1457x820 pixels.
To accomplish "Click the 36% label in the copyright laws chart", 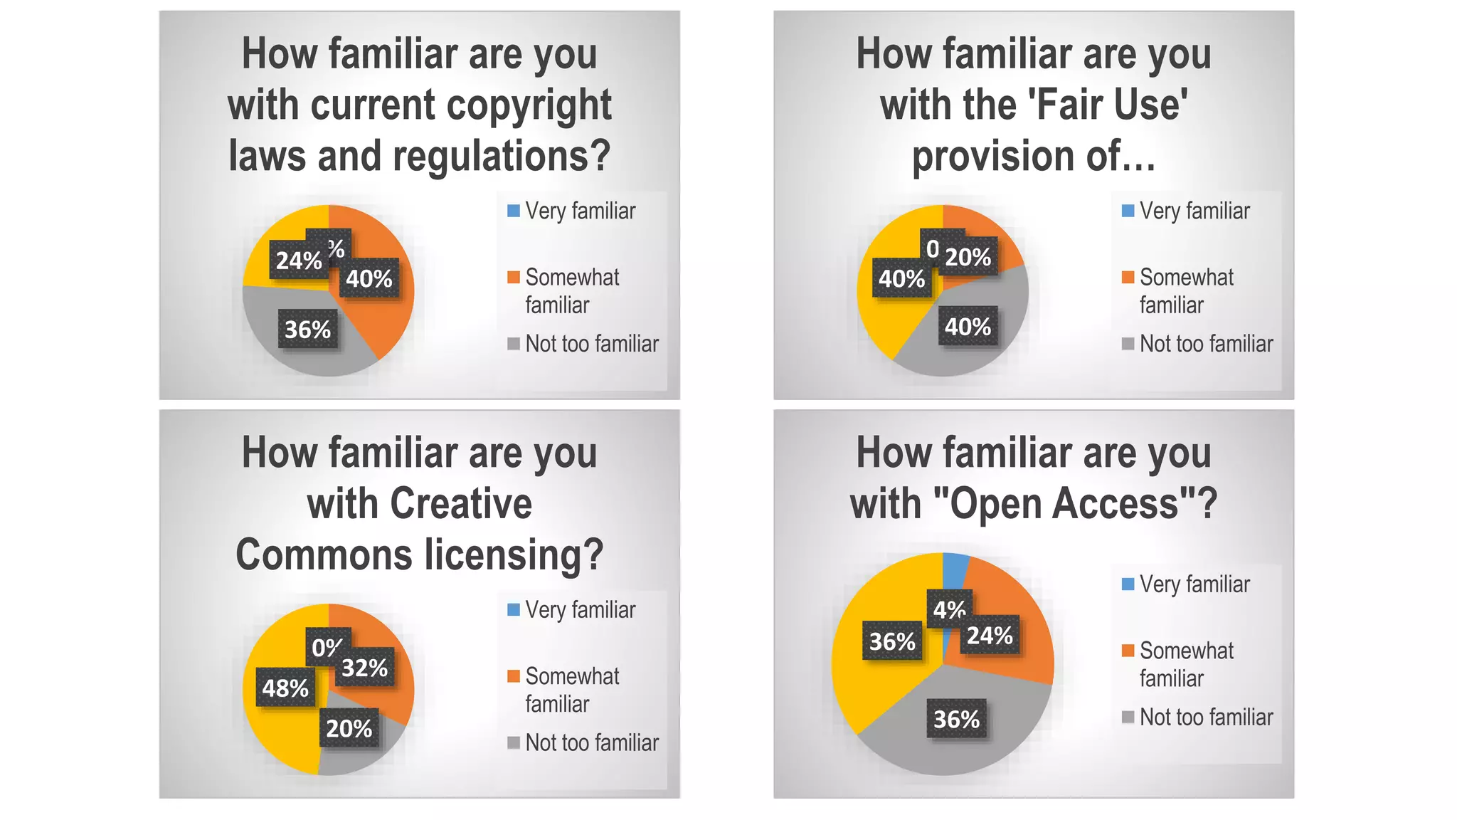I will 307,330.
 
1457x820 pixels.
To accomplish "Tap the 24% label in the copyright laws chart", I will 298,261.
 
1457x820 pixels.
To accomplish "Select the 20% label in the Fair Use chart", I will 968,257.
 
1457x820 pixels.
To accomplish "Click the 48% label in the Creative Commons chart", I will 285,688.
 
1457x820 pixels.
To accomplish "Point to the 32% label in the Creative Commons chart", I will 365,668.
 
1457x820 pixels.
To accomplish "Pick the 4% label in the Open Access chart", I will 949,609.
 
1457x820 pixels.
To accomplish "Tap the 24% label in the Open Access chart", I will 990,635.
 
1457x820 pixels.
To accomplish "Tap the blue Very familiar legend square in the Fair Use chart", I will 1128,211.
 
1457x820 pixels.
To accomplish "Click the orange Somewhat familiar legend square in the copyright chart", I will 514,277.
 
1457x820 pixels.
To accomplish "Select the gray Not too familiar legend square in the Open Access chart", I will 1128,717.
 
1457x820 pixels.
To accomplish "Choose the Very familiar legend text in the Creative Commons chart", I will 581,610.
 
